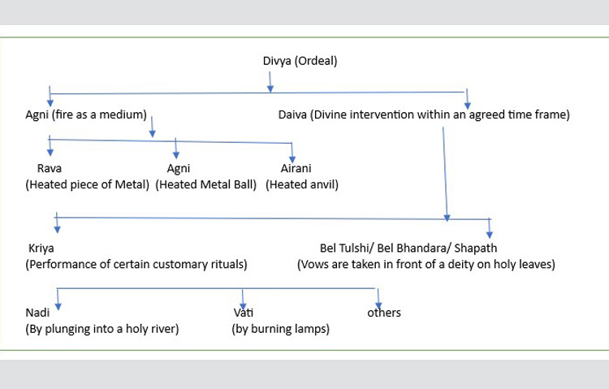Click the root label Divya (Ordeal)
[x=300, y=60]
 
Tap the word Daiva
[x=291, y=115]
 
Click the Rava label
[x=50, y=169]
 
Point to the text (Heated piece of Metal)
[x=88, y=184]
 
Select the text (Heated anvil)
[x=302, y=184]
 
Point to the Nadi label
[x=38, y=312]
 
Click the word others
[x=384, y=312]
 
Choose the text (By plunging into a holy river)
[x=102, y=329]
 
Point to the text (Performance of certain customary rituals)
[x=136, y=264]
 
